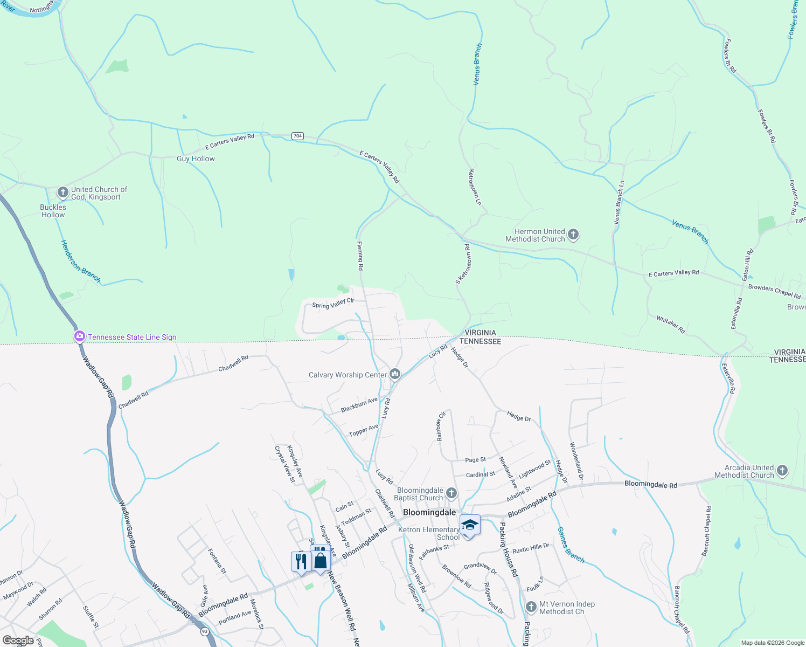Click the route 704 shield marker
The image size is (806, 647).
point(297,136)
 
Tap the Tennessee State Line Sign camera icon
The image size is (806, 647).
point(80,337)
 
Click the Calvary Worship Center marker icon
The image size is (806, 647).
point(395,374)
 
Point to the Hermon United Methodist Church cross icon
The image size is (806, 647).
point(573,235)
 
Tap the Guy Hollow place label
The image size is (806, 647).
point(196,159)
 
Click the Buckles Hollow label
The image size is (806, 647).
point(53,211)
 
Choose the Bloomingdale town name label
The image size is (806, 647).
point(429,512)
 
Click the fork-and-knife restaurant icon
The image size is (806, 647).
point(301,561)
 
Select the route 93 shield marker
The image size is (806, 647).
point(204,631)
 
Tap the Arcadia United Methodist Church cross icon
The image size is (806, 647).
point(782,471)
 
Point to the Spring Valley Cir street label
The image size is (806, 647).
point(333,304)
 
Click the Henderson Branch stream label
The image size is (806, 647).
point(81,261)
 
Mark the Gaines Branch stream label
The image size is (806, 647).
point(571,545)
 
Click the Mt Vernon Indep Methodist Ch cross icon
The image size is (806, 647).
point(531,608)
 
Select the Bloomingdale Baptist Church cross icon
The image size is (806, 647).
point(451,493)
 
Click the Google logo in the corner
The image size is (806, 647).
point(18,641)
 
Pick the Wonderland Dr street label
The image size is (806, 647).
point(576,462)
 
